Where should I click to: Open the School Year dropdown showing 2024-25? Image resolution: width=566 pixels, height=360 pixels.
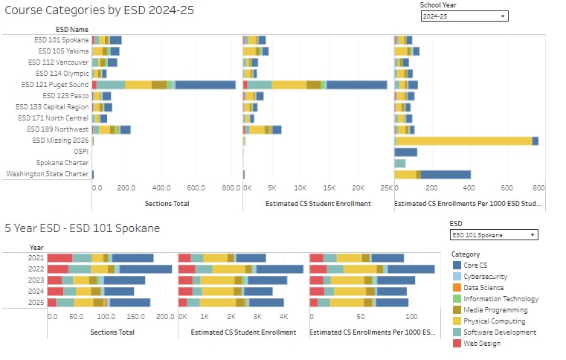click(x=464, y=16)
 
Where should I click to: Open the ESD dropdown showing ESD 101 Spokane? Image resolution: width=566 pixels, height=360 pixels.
click(x=494, y=235)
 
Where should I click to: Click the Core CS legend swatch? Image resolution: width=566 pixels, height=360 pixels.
click(x=457, y=266)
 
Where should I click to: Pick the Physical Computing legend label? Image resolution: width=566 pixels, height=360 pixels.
click(x=494, y=321)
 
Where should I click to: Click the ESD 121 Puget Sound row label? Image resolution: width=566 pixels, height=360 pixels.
click(x=55, y=85)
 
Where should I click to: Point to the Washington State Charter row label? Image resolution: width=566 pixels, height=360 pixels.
click(x=48, y=174)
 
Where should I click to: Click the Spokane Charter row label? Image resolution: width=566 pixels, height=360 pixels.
click(x=62, y=162)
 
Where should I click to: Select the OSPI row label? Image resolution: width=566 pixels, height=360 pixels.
click(x=81, y=151)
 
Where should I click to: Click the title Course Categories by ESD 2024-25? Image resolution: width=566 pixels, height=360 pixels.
click(x=99, y=10)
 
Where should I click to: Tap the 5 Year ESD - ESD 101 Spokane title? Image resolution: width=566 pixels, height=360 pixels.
click(x=83, y=228)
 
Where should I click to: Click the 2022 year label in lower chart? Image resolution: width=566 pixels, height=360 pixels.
click(x=36, y=269)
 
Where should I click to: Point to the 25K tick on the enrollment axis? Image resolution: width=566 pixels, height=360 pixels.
click(x=386, y=187)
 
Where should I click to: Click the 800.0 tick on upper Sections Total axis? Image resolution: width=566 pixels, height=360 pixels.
click(x=231, y=187)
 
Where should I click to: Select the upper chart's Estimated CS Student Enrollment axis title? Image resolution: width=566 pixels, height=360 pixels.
click(x=318, y=204)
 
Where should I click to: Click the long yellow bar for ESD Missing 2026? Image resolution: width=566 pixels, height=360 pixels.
click(x=465, y=141)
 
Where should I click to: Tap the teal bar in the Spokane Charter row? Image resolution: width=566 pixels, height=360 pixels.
click(x=400, y=163)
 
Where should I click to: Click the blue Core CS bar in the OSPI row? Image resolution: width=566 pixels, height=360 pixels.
click(x=406, y=152)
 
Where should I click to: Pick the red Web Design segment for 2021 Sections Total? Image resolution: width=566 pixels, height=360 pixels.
click(x=60, y=258)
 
